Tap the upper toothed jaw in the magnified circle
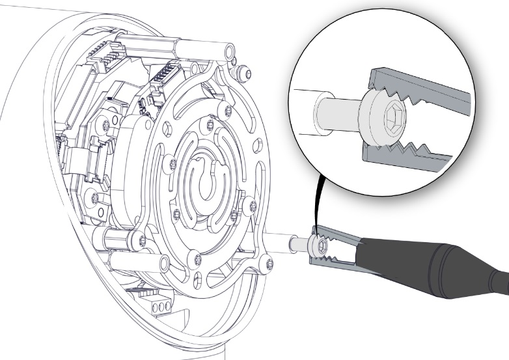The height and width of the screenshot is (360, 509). tap(417, 91)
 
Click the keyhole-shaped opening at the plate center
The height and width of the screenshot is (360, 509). tap(208, 186)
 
